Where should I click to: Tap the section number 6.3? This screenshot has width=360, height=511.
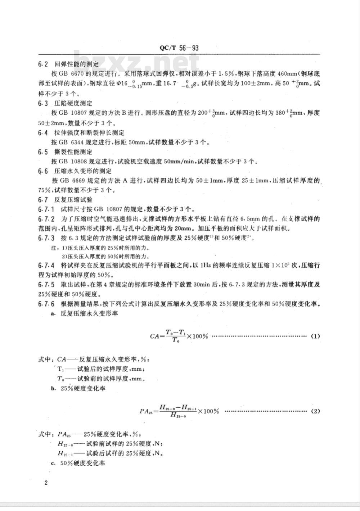[43, 103]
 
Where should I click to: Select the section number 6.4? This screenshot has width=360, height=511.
[43, 133]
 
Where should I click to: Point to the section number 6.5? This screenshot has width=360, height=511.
[43, 152]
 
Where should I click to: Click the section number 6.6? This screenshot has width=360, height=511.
[43, 171]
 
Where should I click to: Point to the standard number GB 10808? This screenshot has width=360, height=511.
[68, 161]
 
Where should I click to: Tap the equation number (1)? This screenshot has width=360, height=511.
[315, 336]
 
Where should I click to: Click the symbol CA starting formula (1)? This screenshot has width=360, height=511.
[154, 336]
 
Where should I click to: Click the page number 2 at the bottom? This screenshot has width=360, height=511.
[46, 483]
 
